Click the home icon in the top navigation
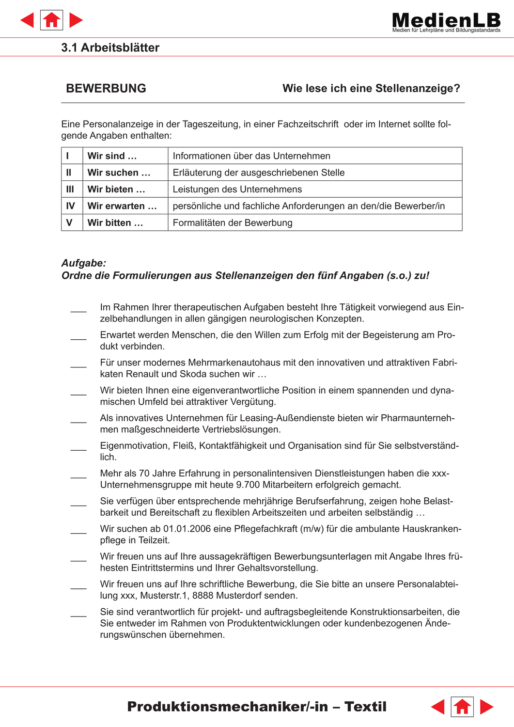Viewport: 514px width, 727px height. [x=51, y=20]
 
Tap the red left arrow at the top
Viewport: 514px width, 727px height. [x=28, y=20]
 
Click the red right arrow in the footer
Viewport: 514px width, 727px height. [x=486, y=707]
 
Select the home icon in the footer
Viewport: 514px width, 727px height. [x=462, y=707]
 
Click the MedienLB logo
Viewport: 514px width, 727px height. [x=446, y=22]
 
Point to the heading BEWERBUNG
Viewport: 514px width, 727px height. [x=106, y=88]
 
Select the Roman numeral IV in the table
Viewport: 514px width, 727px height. [x=70, y=206]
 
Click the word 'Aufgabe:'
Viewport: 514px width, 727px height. [x=84, y=263]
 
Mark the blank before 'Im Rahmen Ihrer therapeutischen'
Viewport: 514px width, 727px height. [x=78, y=310]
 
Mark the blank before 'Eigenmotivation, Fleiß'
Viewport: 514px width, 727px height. [x=78, y=449]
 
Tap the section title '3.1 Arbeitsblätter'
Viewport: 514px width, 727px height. [x=110, y=47]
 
